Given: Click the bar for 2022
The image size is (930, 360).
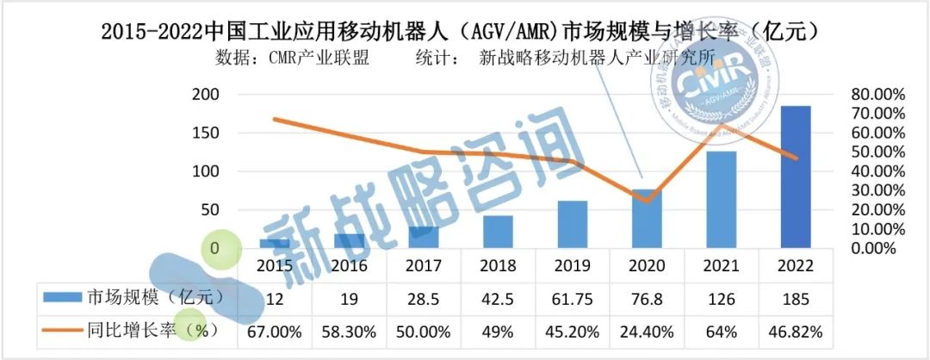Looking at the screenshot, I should (795, 177).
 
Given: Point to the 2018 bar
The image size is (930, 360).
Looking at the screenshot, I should (498, 232).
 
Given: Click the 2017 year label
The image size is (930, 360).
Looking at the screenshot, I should (424, 266).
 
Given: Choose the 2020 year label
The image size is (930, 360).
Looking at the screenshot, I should (647, 266).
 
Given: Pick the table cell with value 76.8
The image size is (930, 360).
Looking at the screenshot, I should (647, 299).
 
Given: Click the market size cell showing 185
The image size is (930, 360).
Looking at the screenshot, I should (795, 299).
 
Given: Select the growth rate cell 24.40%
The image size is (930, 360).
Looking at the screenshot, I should (647, 330).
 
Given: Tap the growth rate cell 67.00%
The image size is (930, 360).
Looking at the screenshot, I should (275, 330).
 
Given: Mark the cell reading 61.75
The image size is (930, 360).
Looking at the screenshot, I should (572, 299).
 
